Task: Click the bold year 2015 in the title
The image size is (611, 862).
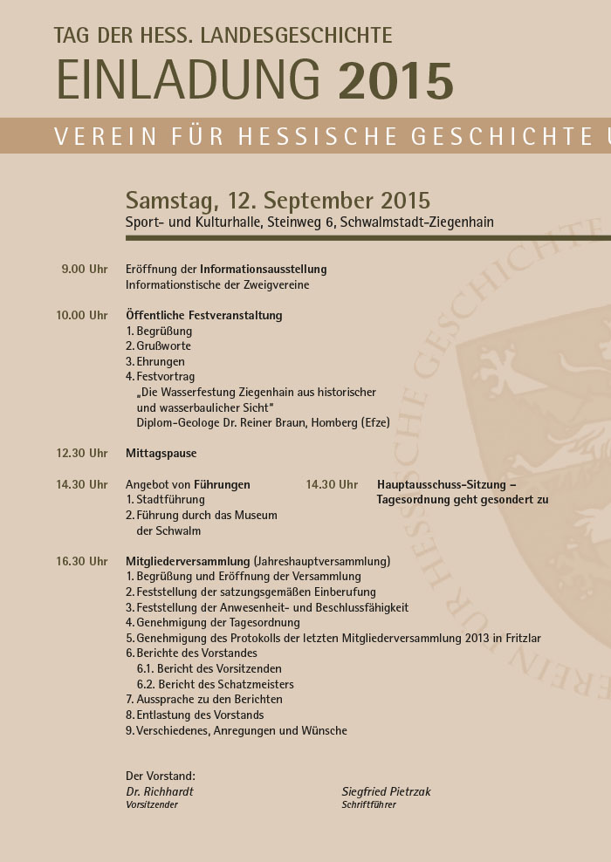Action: tap(395, 80)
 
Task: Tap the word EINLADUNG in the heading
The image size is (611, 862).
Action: tap(188, 80)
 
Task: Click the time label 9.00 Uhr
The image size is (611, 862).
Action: tap(85, 269)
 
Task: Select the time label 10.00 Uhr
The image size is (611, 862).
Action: tap(82, 315)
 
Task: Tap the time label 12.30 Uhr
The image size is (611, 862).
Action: tap(82, 454)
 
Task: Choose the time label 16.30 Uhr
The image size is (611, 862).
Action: tap(82, 561)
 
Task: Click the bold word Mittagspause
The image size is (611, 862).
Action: tap(161, 454)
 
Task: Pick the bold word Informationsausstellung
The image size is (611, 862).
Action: tap(263, 269)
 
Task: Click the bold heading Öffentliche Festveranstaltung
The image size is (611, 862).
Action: tap(204, 315)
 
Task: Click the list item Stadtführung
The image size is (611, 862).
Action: tap(170, 500)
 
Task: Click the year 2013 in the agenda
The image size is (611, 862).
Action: tap(477, 638)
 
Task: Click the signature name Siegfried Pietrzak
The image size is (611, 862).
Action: tap(386, 791)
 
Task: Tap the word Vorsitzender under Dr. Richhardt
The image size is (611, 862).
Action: tap(152, 804)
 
